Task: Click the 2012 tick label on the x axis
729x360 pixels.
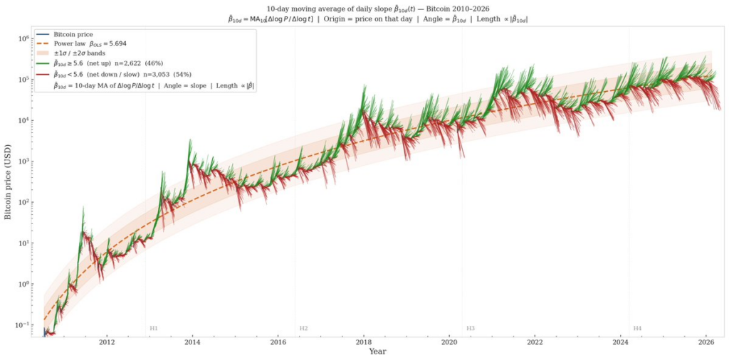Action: pos(107,342)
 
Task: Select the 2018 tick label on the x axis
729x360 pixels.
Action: pos(364,342)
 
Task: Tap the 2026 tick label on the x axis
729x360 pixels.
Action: pos(706,342)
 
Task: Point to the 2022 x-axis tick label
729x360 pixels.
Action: pos(535,342)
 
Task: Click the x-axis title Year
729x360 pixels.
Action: pos(379,351)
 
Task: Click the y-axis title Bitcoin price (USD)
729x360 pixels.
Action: pos(8,181)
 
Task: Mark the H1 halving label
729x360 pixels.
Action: pos(154,328)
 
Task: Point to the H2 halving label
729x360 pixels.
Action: pos(303,328)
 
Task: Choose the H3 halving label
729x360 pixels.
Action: pos(471,328)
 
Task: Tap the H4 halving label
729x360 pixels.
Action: pos(637,328)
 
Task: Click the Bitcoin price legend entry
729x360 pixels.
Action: pos(73,34)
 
